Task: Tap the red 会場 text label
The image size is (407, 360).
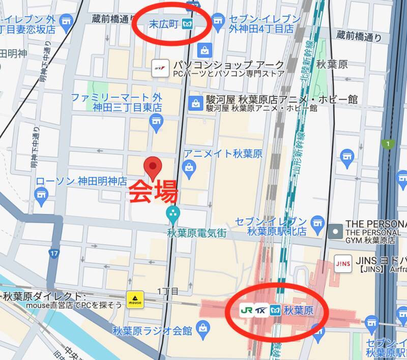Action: [153, 192]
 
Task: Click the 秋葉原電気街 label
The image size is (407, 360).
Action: [196, 233]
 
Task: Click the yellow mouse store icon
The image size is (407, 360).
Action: [135, 299]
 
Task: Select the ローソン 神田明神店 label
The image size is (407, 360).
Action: [81, 181]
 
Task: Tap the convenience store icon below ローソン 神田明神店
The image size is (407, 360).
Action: [41, 193]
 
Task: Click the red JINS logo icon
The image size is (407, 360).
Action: [341, 263]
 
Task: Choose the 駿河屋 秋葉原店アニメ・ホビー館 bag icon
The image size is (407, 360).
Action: [195, 103]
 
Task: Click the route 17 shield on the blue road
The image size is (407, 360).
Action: [54, 252]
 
